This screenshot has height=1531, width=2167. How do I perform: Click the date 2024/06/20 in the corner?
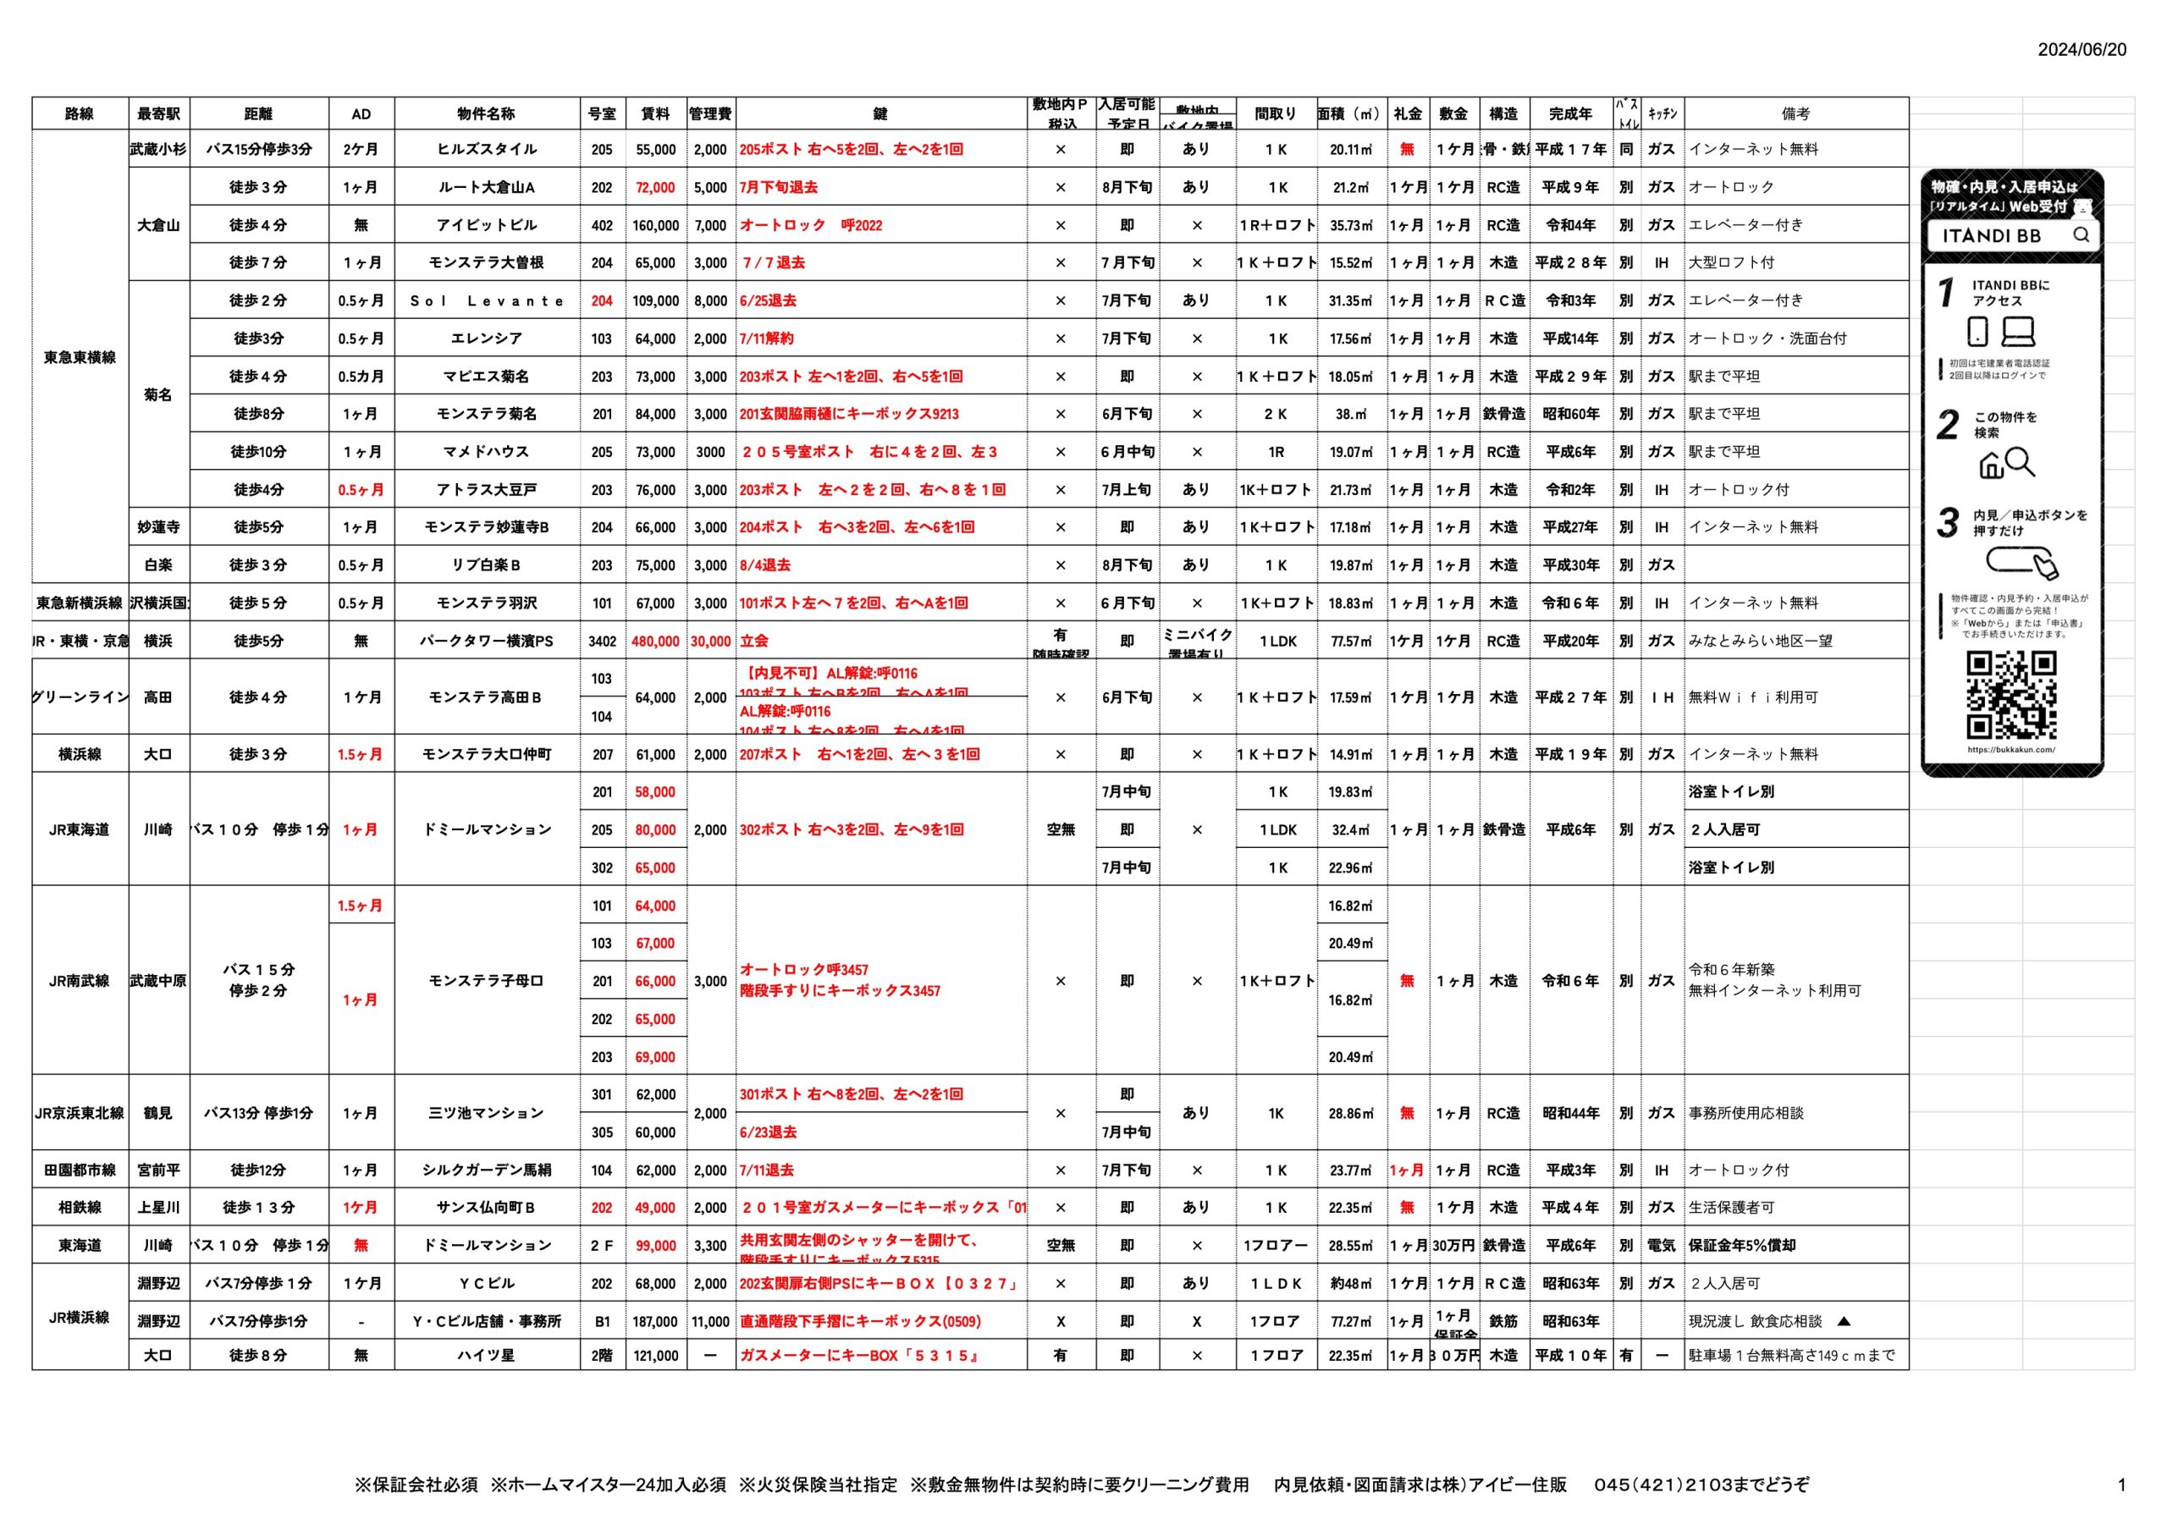click(2082, 50)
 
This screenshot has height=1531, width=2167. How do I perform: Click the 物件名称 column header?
click(486, 114)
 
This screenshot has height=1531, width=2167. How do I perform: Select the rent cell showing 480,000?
click(655, 641)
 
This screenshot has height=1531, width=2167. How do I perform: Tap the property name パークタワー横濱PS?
click(486, 641)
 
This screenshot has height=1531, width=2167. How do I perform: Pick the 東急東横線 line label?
click(80, 357)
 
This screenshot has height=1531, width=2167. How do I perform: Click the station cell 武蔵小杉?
click(158, 149)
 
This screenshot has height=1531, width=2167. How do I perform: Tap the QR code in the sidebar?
click(2011, 695)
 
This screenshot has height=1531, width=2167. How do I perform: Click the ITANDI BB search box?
click(2011, 236)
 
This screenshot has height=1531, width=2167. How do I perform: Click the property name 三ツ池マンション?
click(486, 1114)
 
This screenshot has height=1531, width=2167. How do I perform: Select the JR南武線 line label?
click(80, 981)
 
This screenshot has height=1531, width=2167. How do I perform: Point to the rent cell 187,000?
click(655, 1321)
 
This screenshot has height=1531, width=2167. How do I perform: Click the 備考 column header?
click(1795, 114)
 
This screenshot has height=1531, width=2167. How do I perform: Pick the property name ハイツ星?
click(486, 1356)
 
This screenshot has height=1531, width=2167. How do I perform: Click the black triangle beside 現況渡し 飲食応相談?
click(1844, 1321)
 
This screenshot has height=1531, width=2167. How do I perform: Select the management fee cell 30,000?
click(711, 641)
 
